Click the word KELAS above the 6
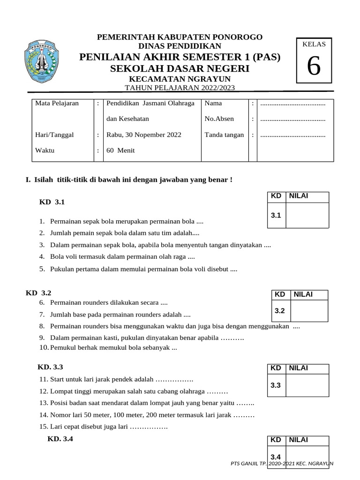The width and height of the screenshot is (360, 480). [314, 44]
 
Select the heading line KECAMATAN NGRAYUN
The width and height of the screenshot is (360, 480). [180, 79]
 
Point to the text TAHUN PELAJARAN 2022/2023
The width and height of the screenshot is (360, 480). [180, 88]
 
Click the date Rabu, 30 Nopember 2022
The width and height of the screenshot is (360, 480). [144, 135]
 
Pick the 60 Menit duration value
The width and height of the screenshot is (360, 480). [120, 151]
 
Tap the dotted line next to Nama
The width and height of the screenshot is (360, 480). [292, 103]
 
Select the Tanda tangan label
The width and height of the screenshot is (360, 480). [224, 135]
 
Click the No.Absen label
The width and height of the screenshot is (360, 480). [219, 119]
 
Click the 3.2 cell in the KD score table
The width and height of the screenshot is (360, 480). [280, 310]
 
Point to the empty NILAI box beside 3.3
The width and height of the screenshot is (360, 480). [307, 385]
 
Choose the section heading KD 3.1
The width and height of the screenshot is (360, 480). [52, 202]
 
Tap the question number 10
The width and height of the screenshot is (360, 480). [44, 348]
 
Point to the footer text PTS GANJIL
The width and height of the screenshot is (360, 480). [248, 463]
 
